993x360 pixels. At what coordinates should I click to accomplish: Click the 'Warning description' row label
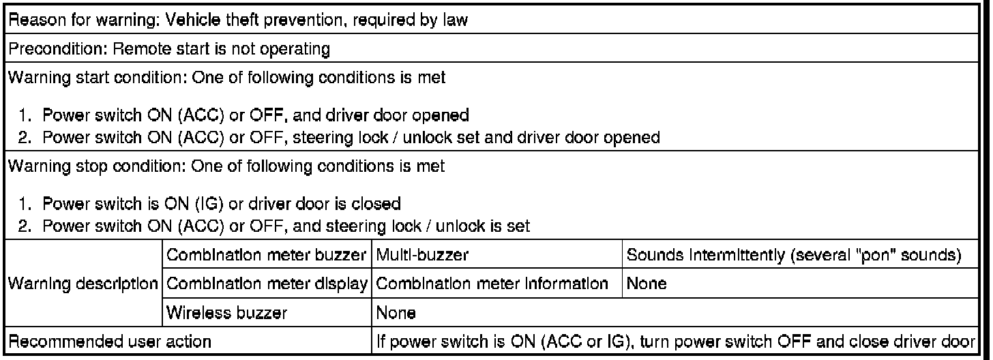pos(83,284)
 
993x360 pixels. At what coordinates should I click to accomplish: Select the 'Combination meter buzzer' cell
pos(267,255)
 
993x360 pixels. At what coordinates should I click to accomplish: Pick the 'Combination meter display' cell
pos(267,284)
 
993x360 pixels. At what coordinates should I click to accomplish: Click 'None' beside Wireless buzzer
pos(396,313)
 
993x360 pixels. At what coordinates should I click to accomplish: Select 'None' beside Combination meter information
pos(647,284)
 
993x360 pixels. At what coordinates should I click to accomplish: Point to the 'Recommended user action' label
pos(110,342)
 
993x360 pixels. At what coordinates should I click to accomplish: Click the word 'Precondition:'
pos(58,48)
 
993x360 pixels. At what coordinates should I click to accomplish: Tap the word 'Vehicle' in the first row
pos(192,20)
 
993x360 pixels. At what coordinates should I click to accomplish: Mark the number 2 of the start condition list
pos(25,138)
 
